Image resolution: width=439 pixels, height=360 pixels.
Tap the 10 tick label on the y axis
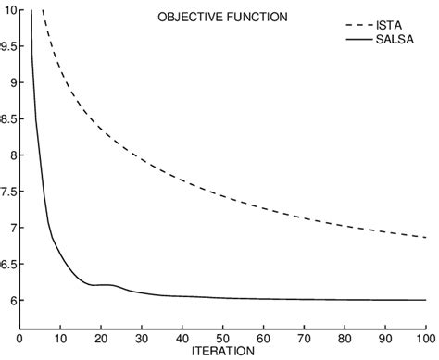click(9, 10)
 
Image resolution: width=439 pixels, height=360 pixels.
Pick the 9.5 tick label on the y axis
click(8, 46)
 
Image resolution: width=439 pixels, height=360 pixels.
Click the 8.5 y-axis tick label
click(8, 118)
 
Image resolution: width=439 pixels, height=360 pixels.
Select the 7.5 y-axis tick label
click(8, 191)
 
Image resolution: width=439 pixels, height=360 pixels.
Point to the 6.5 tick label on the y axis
click(8, 264)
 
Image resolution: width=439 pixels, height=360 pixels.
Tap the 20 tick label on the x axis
click(100, 338)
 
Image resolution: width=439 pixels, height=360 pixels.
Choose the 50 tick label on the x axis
click(222, 338)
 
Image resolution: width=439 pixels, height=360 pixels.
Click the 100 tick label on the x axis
click(424, 338)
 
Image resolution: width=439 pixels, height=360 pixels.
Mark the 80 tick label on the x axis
click(345, 338)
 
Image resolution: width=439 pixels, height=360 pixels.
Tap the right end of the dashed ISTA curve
click(426, 238)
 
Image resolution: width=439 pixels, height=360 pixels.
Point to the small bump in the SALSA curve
click(110, 285)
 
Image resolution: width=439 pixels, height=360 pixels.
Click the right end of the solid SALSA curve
click(426, 300)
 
